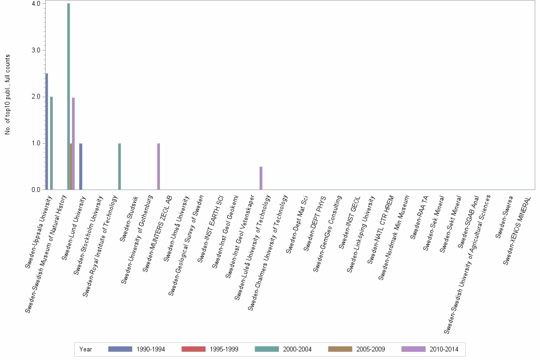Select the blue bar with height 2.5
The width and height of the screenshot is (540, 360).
[x=47, y=131]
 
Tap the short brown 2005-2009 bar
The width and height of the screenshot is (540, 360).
[x=71, y=167]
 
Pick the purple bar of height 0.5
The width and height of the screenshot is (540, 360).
[x=261, y=178]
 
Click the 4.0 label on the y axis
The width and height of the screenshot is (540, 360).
[x=36, y=4]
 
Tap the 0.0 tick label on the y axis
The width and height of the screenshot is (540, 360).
[x=36, y=190]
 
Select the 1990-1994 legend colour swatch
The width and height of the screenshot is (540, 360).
[x=120, y=349]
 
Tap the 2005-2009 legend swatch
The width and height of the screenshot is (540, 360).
[x=340, y=349]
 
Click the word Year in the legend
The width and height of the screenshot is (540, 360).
[x=86, y=349]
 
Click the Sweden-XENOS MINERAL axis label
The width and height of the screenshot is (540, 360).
[x=518, y=230]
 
